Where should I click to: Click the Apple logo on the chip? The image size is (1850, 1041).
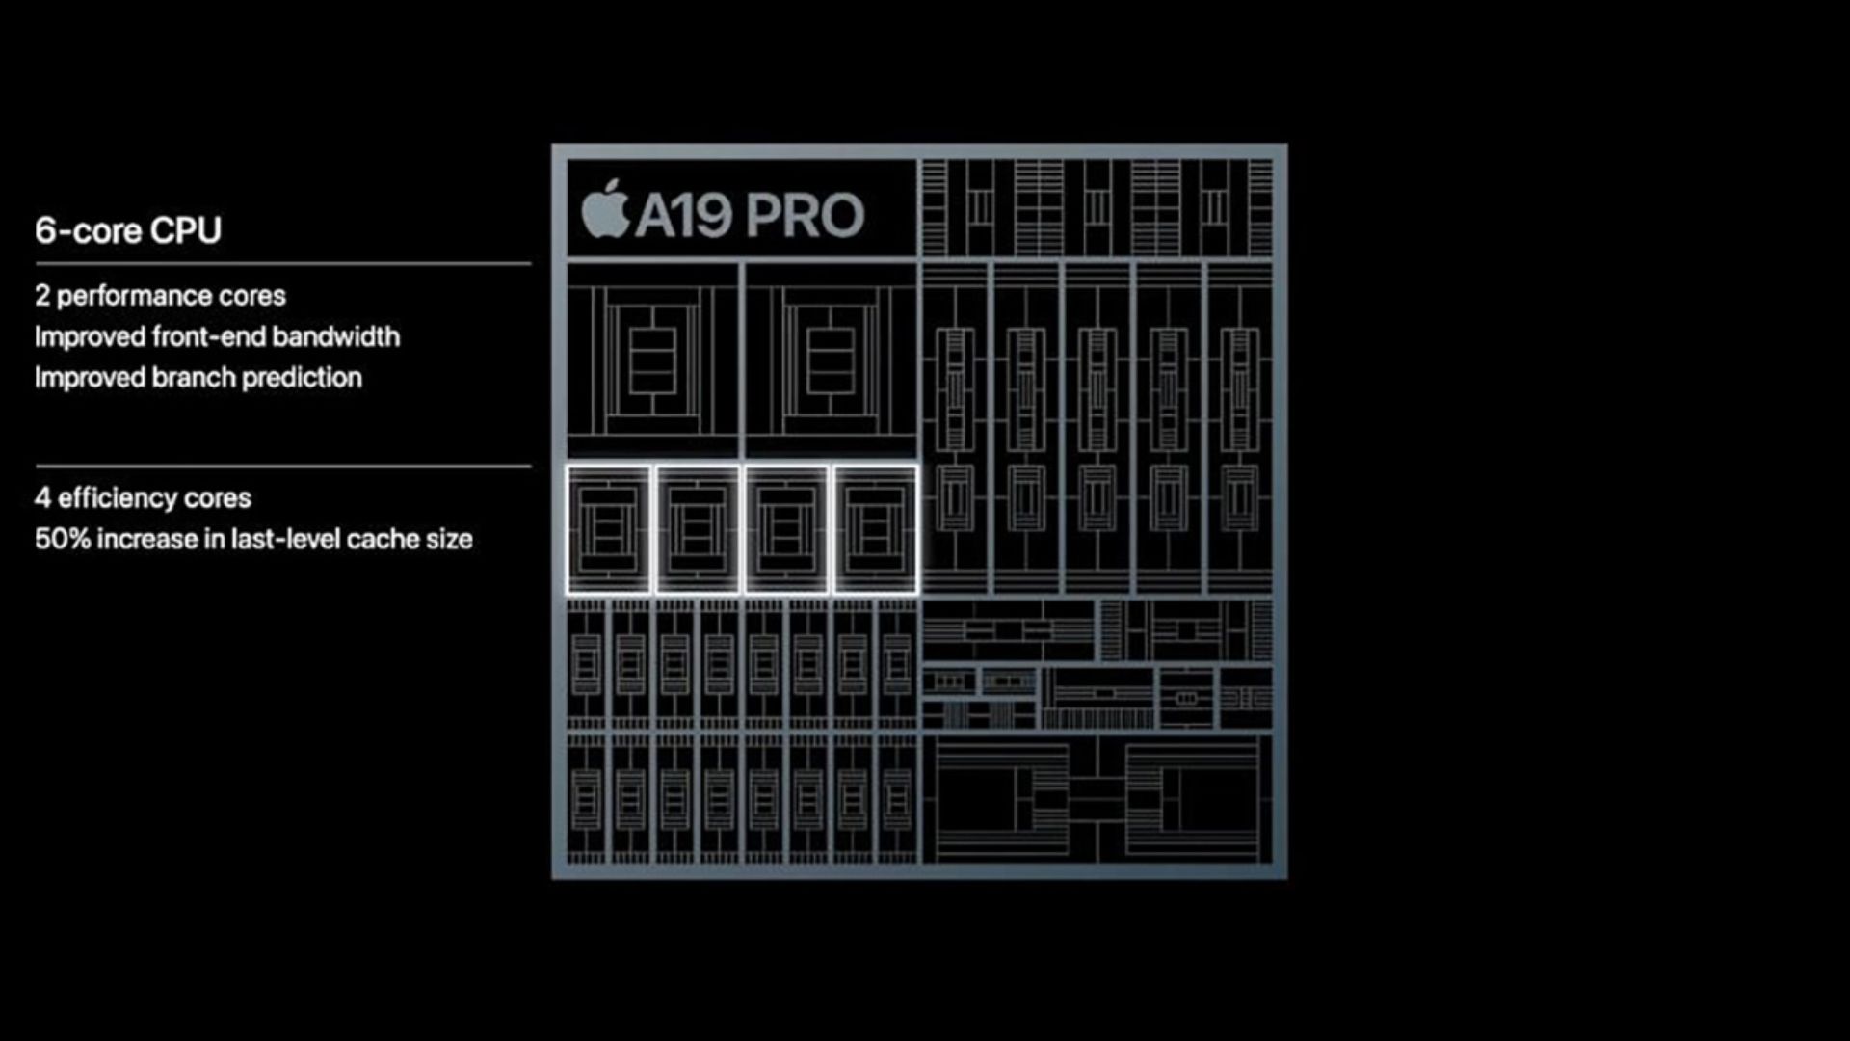point(605,209)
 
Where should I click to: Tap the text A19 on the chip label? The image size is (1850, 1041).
point(684,215)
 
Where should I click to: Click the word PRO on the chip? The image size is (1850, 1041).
point(805,215)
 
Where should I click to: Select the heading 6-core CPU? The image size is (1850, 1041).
point(128,230)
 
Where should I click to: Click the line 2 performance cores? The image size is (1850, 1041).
point(160,296)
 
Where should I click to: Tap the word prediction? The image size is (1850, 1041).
point(302,378)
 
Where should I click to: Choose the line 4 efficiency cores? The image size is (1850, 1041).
point(143,498)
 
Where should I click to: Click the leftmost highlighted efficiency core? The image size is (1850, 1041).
point(609,529)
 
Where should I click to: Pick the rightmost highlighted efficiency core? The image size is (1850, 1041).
point(875,529)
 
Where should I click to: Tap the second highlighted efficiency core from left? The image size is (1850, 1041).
point(698,529)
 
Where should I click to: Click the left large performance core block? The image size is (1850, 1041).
point(653,360)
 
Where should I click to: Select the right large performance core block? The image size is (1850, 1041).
point(831,360)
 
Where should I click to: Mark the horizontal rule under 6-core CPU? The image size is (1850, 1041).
point(283,263)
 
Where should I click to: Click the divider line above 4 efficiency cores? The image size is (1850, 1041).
point(283,467)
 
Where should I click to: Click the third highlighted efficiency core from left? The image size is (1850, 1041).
point(786,529)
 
